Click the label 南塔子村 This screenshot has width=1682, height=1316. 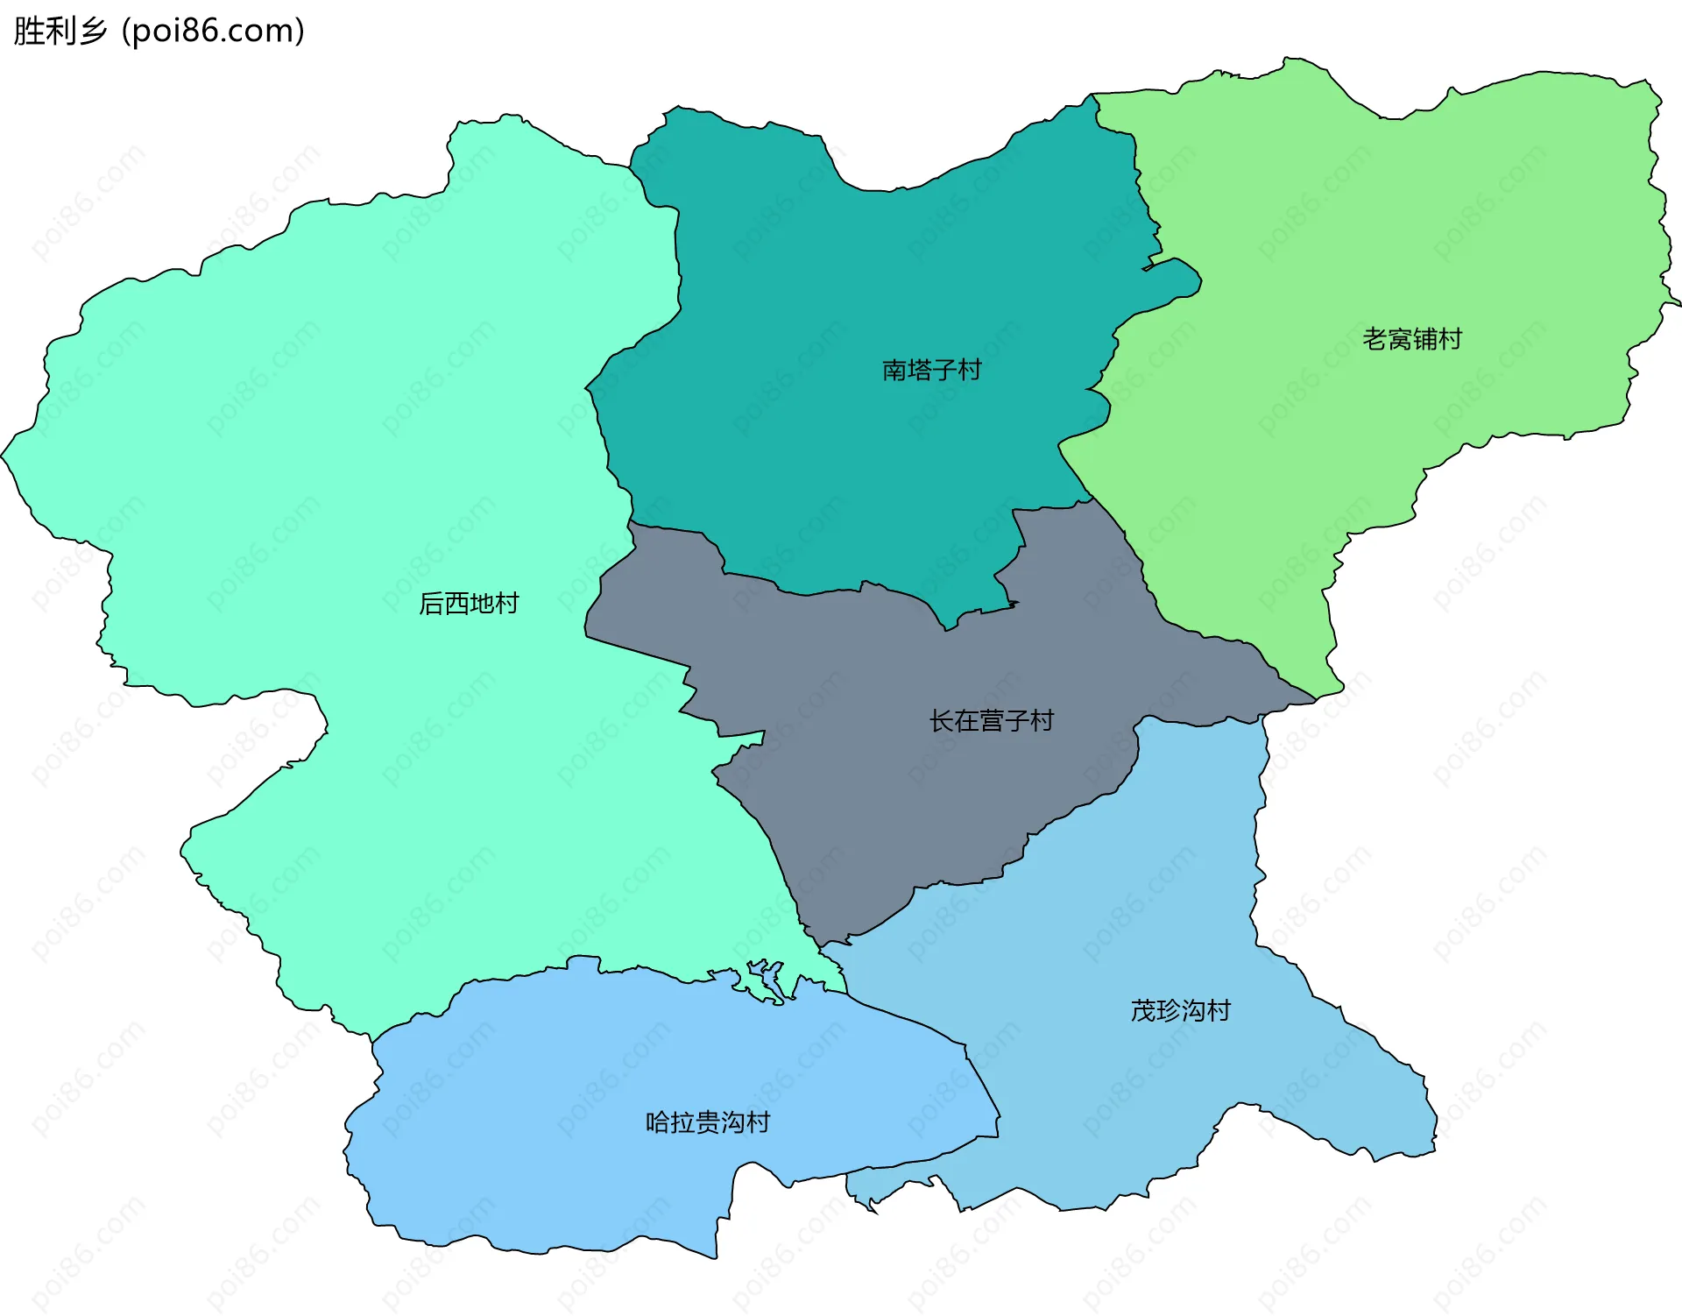coord(931,370)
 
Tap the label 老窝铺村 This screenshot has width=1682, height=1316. coord(1412,339)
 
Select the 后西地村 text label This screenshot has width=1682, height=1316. coord(469,604)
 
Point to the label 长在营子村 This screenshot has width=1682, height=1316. coord(991,721)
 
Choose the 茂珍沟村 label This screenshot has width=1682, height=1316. coord(1180,1011)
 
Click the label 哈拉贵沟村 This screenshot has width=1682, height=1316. coord(707,1122)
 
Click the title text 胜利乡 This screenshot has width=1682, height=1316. coord(60,31)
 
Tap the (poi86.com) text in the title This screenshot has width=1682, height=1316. coord(213,31)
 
